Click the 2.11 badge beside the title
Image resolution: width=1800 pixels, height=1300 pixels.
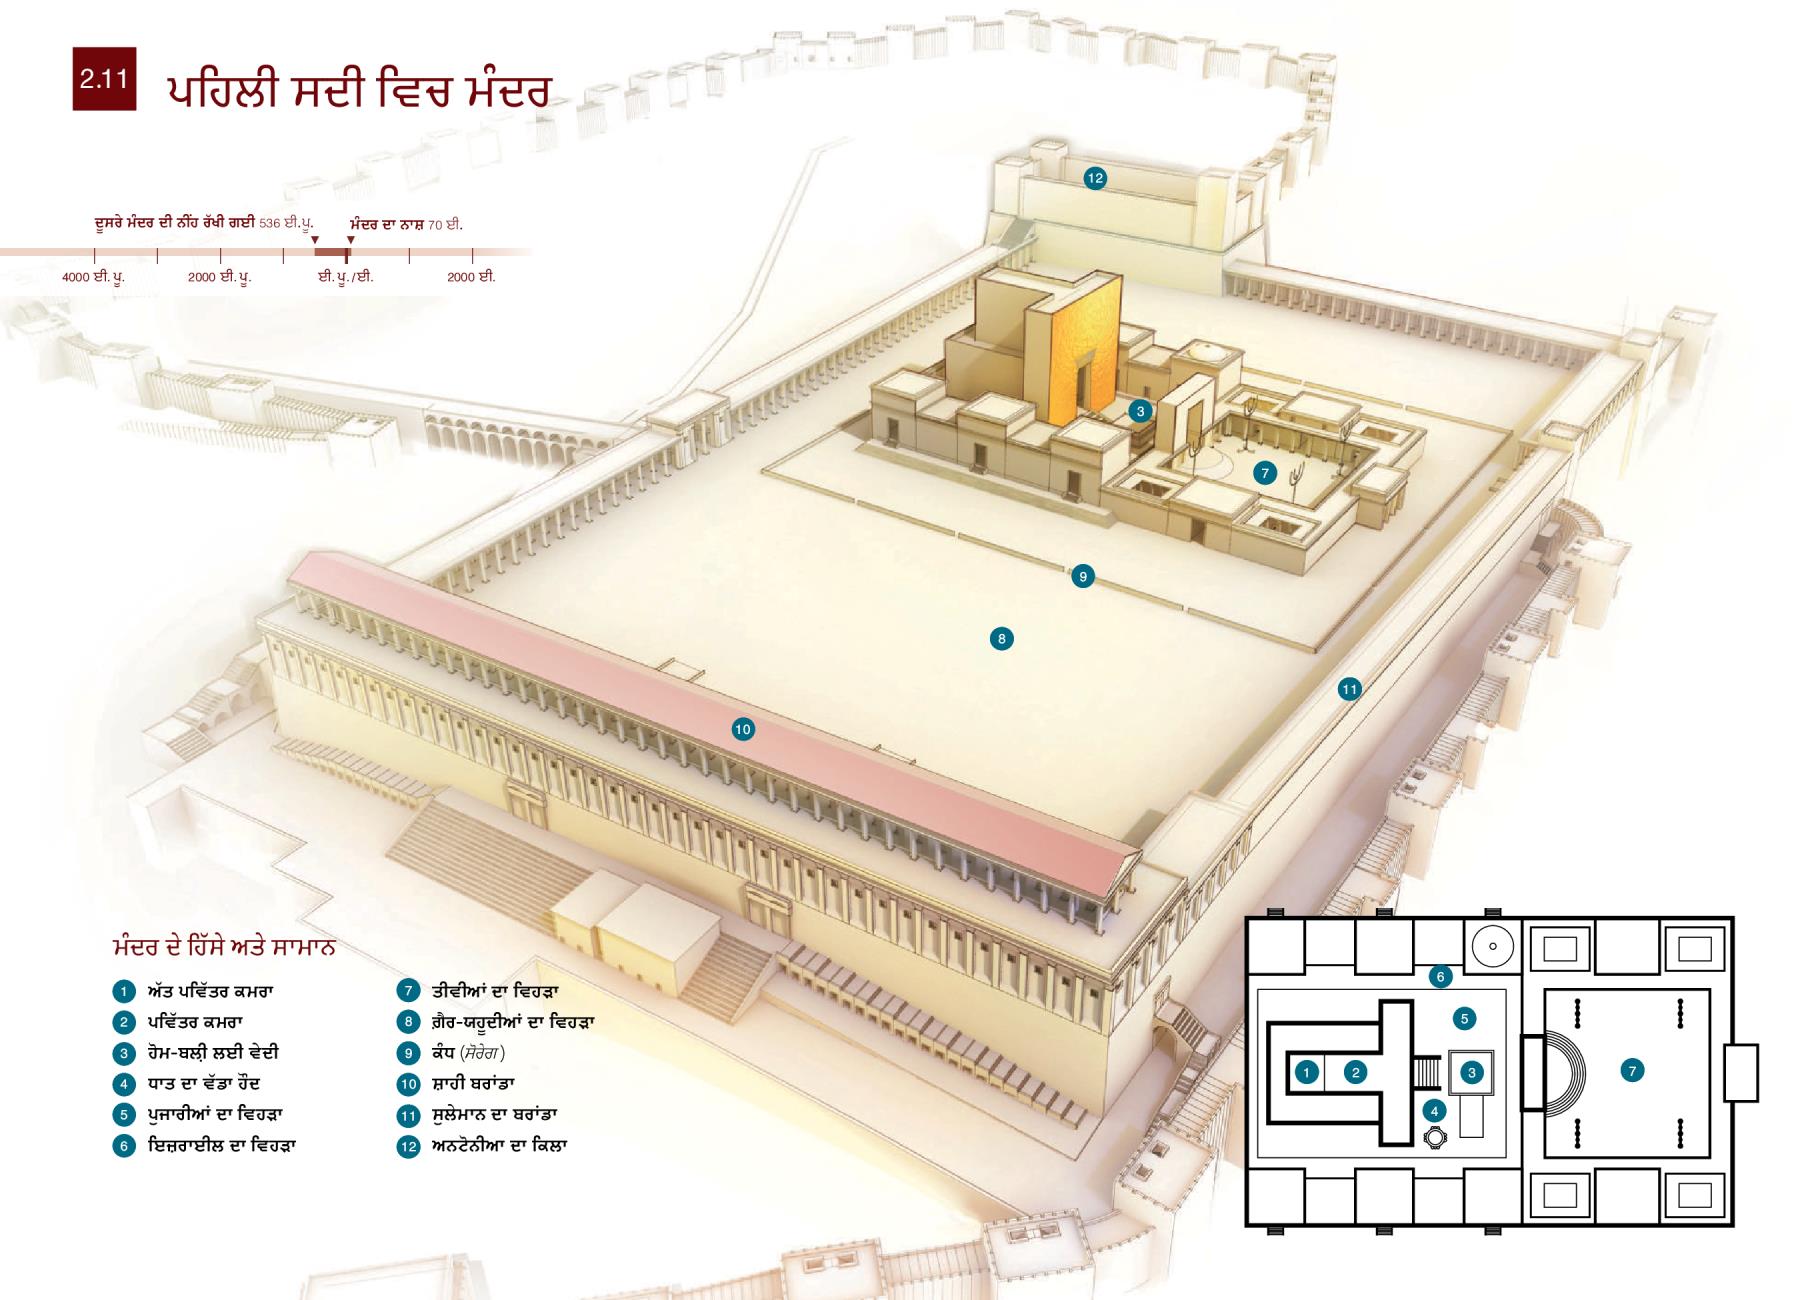point(104,78)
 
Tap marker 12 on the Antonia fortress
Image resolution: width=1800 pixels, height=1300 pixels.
point(1095,178)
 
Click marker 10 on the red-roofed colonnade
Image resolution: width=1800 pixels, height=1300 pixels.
point(742,730)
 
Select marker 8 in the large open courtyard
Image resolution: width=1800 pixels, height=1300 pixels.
point(1001,638)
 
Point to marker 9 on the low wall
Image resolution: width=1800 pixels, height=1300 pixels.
point(1082,576)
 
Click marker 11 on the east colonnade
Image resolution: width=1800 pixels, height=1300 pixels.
point(1350,688)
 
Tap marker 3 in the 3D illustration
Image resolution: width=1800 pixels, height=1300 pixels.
point(1140,410)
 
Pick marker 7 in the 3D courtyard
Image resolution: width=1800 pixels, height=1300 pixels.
point(1265,473)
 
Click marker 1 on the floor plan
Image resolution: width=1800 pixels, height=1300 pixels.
point(1306,1073)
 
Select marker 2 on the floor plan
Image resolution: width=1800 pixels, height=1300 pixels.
point(1356,1073)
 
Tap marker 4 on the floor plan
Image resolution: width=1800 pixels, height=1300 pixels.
point(1435,1110)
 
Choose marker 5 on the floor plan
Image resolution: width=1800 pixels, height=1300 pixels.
point(1464,1019)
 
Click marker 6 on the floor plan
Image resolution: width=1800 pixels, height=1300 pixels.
point(1440,976)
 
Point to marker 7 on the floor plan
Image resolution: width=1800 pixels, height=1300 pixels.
point(1632,1071)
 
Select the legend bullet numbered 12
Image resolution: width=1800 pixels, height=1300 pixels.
point(408,1146)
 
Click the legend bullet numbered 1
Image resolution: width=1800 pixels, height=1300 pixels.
point(123,992)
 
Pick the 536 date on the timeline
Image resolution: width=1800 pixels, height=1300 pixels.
point(269,225)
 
